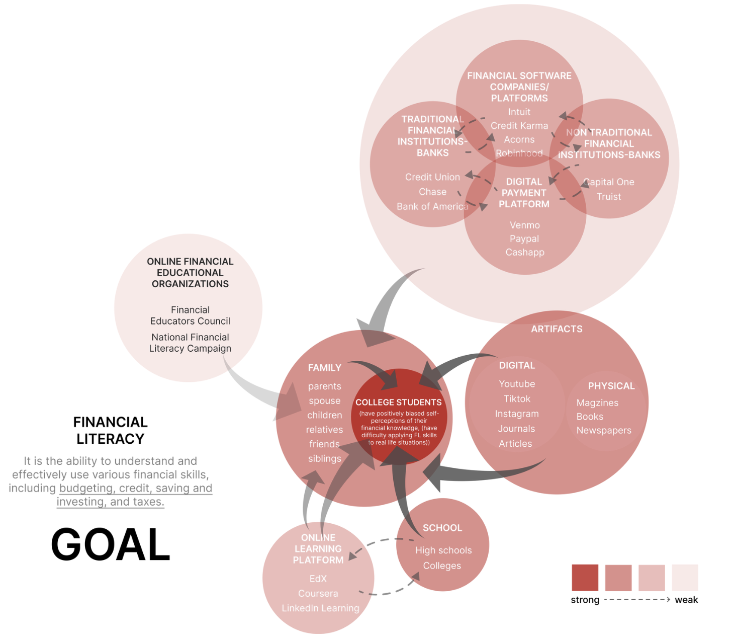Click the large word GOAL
click(x=111, y=544)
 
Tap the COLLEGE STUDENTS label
click(x=399, y=403)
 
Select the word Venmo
click(x=525, y=225)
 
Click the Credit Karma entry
click(x=519, y=126)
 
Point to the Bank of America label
click(x=432, y=207)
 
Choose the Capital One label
click(x=609, y=182)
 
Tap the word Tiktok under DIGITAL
click(x=517, y=399)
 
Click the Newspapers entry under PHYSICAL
click(x=604, y=431)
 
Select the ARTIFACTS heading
click(x=557, y=329)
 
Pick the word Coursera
click(x=318, y=594)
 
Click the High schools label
click(x=443, y=550)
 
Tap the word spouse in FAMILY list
click(x=325, y=401)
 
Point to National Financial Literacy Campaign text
click(x=190, y=343)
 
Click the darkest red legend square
click(x=585, y=578)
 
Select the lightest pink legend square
click(x=685, y=578)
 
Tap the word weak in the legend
click(x=686, y=600)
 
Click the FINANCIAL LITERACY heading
click(x=111, y=431)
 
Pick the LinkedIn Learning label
click(x=320, y=608)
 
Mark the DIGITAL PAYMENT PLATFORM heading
click(x=524, y=193)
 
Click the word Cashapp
click(x=525, y=253)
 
